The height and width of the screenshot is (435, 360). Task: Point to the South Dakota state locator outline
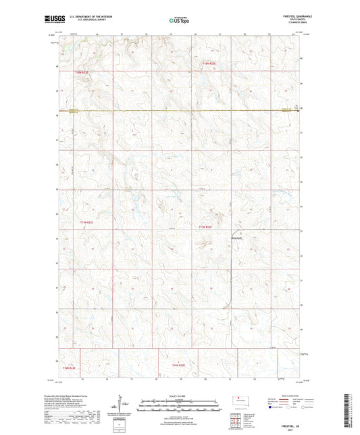coord(237,399)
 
